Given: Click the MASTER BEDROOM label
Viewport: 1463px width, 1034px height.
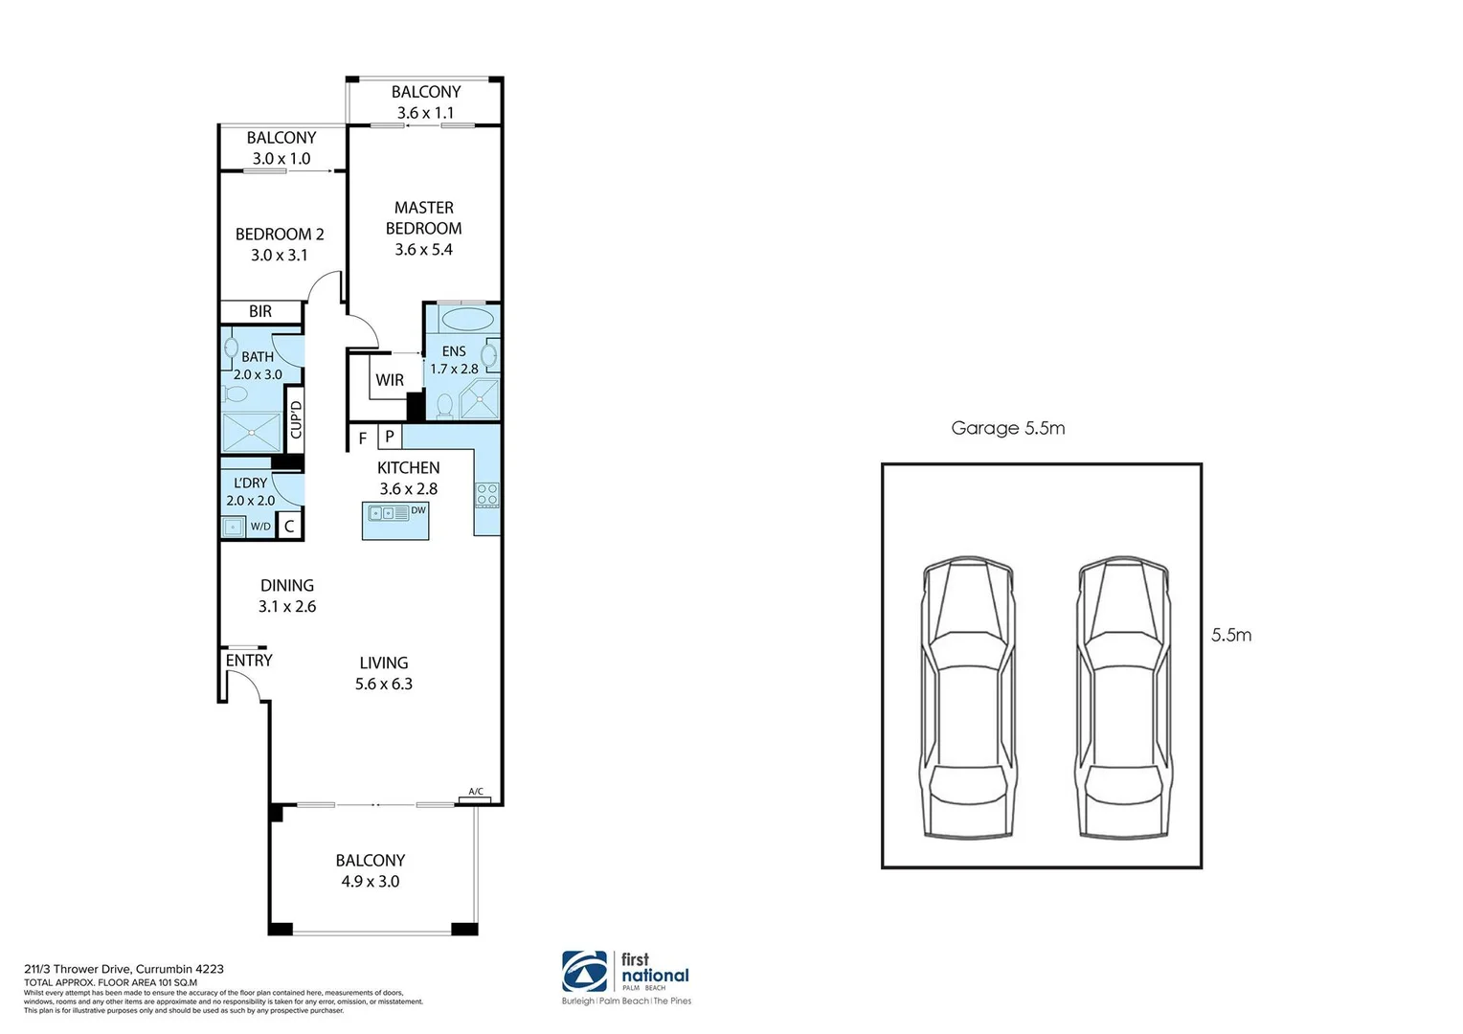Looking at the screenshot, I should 423,218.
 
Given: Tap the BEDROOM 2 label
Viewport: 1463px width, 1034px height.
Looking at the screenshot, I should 280,235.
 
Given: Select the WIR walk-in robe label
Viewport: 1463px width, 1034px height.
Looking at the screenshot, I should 390,380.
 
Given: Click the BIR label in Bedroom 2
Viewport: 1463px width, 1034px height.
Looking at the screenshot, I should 260,312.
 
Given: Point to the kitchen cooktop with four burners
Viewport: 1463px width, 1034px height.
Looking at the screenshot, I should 486,494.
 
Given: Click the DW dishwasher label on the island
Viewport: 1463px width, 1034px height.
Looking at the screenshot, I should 417,511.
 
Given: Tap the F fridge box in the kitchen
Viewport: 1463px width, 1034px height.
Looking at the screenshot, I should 363,438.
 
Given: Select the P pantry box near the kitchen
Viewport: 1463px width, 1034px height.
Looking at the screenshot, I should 389,438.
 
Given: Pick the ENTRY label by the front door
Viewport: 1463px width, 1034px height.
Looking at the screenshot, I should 249,661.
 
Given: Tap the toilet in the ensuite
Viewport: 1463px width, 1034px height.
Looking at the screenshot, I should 444,406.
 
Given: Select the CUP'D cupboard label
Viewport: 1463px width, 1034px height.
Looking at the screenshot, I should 296,418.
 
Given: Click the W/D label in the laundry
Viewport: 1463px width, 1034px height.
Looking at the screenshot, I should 260,527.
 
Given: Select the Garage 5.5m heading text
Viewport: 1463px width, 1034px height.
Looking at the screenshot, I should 1007,428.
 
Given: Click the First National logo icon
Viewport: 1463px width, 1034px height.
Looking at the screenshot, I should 584,973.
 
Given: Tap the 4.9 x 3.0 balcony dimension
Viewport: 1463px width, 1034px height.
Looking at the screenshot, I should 371,882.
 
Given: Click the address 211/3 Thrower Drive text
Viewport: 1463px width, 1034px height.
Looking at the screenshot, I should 124,969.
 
